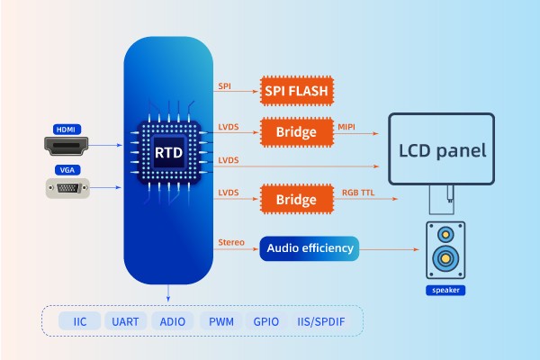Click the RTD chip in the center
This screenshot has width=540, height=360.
pos(168,152)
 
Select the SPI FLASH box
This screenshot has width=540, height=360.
pos(297,91)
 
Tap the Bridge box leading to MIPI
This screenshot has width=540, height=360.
pos(296,132)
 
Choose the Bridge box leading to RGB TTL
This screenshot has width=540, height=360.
pos(296,197)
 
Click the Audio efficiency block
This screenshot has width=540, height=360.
pos(309,248)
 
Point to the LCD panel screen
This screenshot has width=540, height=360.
pos(442,148)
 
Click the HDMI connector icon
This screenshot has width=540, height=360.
pos(67,143)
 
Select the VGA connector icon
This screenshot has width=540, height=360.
pos(67,188)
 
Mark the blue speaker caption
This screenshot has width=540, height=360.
pos(446,291)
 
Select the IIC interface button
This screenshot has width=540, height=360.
pos(79,321)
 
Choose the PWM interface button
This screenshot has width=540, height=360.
pos(221,321)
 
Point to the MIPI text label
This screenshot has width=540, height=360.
pos(347,125)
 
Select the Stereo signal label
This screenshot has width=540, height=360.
pos(231,242)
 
